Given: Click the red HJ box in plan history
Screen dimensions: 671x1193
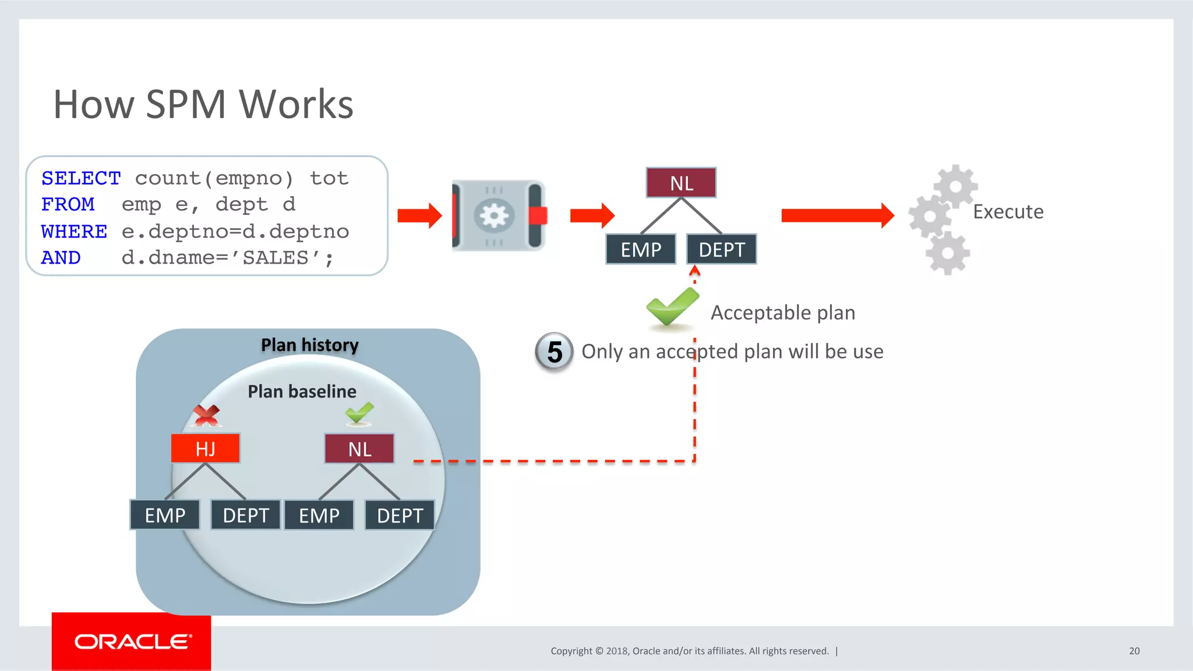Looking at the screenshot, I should (x=205, y=448).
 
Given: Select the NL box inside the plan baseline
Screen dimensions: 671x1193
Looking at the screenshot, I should (x=359, y=449).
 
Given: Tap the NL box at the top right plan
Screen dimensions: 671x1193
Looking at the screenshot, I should (x=681, y=183).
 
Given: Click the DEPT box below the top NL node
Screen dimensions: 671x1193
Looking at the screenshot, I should (x=721, y=249).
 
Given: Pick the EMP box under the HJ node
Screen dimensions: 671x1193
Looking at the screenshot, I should (x=165, y=515).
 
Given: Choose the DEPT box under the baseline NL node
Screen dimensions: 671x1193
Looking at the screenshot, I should (x=400, y=515).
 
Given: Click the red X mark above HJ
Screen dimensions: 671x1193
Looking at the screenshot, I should (x=206, y=415).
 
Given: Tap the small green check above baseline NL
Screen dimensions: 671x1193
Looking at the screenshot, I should (x=359, y=413).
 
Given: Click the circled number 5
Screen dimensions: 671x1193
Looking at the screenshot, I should (x=554, y=352).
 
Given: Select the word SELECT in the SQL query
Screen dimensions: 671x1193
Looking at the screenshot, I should (x=81, y=178).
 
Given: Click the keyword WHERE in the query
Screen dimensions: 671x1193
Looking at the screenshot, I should (x=74, y=231).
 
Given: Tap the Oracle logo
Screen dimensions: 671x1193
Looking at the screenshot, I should (x=132, y=641).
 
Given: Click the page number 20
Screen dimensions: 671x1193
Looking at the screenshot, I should (x=1134, y=651).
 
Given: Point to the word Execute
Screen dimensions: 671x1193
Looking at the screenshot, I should (x=1008, y=211).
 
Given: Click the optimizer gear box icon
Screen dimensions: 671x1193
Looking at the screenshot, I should (x=499, y=215).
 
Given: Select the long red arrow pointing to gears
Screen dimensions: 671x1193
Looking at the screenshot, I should (x=836, y=215).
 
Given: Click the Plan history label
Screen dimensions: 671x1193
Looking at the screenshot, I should (x=309, y=345).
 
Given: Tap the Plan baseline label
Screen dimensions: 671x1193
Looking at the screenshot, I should (x=302, y=391).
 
